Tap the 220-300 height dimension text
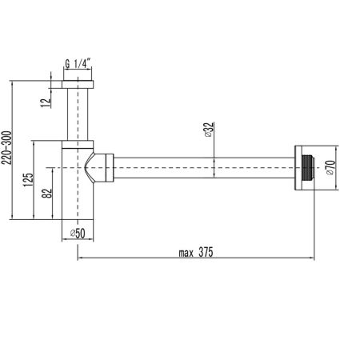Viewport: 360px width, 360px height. coord(9,149)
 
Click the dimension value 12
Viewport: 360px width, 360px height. coord(48,99)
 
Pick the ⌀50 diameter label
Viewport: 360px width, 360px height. coord(78,233)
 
